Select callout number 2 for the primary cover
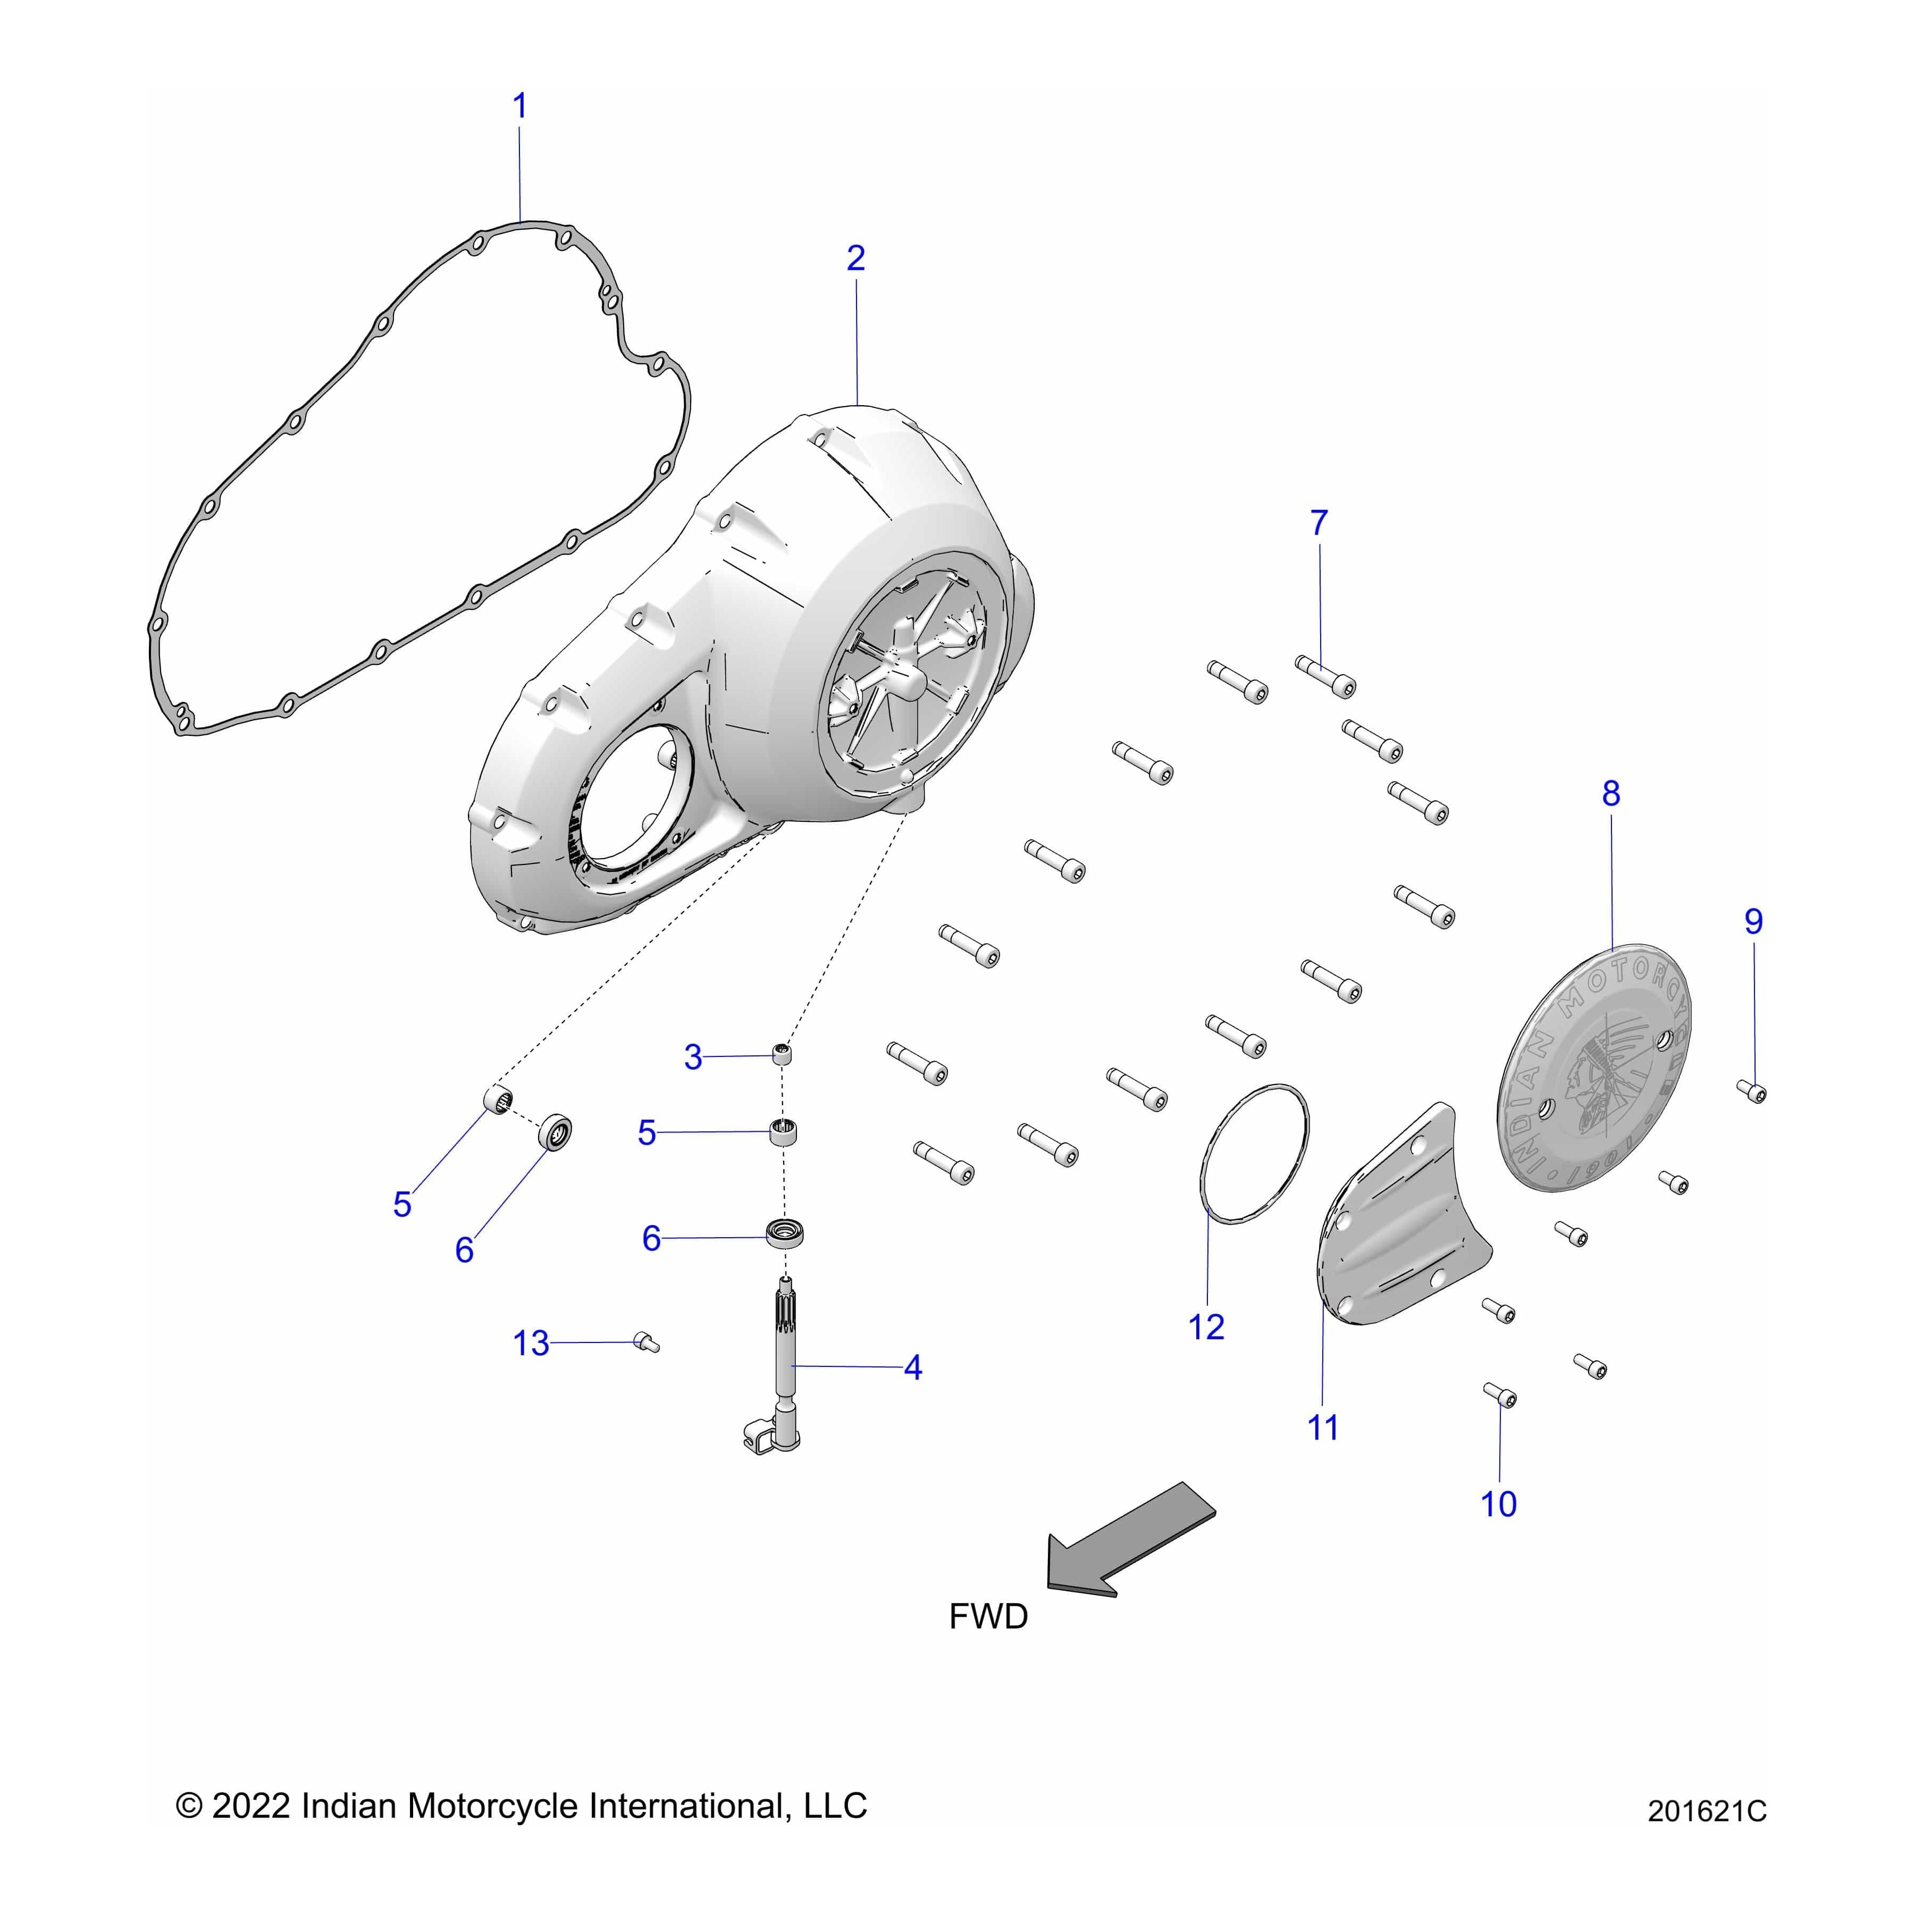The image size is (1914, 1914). click(x=856, y=258)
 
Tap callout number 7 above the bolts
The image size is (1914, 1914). click(x=1319, y=523)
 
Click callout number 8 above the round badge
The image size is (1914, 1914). click(x=1611, y=793)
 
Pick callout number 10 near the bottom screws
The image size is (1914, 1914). click(x=1498, y=1504)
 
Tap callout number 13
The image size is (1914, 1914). click(x=531, y=1344)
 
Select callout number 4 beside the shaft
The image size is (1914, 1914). click(x=912, y=1367)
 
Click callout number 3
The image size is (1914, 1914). click(x=693, y=1057)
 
